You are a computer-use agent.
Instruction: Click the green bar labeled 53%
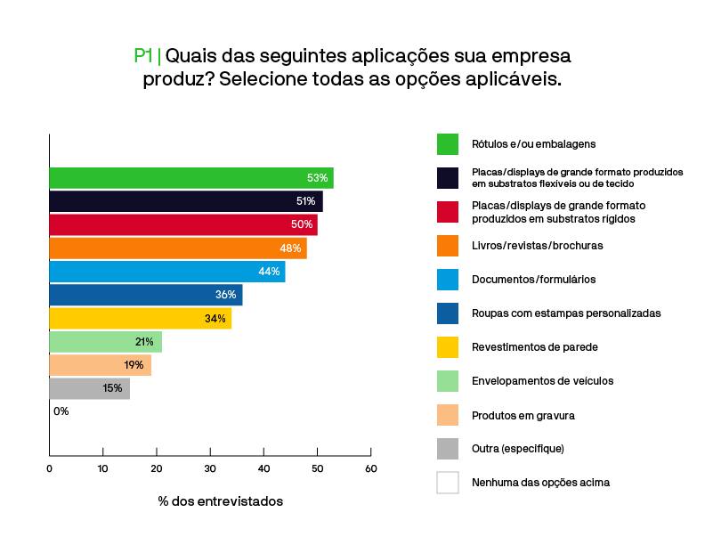pos(190,177)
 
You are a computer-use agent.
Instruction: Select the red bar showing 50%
pos(182,224)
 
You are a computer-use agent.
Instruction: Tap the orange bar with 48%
pos(177,248)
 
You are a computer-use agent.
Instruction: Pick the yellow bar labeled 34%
pos(140,318)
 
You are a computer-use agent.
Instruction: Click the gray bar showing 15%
pos(89,388)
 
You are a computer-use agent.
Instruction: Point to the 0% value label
pos(61,411)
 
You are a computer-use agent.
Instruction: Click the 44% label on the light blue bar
pos(269,272)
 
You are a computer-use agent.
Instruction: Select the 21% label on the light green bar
pos(144,342)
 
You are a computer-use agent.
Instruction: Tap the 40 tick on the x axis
pos(263,468)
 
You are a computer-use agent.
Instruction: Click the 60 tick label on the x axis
pos(370,468)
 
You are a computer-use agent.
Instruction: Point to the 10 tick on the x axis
pos(102,468)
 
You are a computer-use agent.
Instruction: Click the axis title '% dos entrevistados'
pos(221,501)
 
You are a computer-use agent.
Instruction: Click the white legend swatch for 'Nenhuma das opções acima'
pos(448,483)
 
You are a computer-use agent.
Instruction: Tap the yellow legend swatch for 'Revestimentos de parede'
pos(448,347)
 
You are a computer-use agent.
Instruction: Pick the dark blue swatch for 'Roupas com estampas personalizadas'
pos(448,313)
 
